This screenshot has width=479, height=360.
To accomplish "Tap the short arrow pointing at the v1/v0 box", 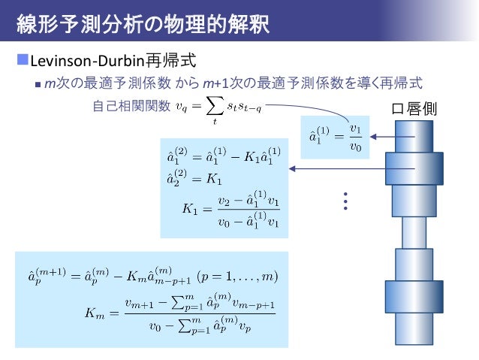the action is (386, 137).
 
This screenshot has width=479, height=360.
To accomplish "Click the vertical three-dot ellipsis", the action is (345, 201).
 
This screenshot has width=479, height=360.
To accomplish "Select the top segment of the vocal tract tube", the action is (415, 135).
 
